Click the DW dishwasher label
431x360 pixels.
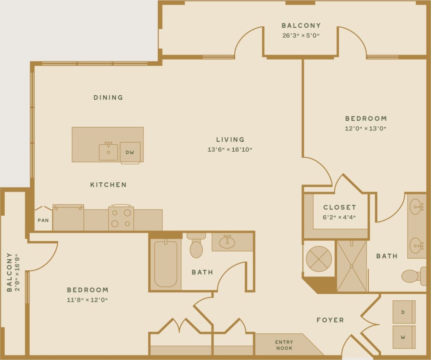[130, 152]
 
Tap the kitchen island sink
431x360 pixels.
[108, 152]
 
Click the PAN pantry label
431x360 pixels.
[43, 221]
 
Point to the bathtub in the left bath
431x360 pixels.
[165, 263]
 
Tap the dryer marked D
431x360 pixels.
[404, 312]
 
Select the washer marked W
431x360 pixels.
[404, 337]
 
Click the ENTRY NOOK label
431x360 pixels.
[284, 345]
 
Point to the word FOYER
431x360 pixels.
[330, 320]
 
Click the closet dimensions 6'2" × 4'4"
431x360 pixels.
[340, 217]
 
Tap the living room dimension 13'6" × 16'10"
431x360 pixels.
[230, 150]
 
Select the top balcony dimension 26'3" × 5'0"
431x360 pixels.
[301, 36]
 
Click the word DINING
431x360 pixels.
[108, 98]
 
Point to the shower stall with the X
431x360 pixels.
[352, 266]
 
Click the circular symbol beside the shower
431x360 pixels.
[319, 259]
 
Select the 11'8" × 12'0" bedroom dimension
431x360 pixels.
[87, 300]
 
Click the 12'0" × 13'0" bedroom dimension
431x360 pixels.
[366, 129]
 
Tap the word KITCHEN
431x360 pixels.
[108, 185]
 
